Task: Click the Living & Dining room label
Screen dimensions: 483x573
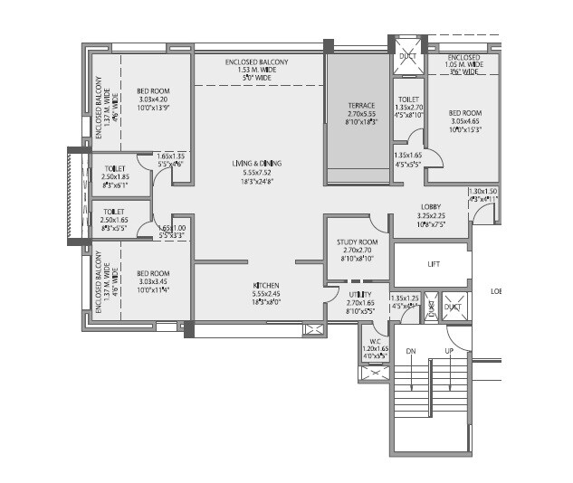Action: coord(256,164)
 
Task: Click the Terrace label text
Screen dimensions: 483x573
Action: coord(361,106)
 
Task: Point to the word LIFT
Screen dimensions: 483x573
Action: coord(434,264)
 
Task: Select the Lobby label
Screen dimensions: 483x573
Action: coord(430,207)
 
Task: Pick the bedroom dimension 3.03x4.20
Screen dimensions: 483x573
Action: coord(153,99)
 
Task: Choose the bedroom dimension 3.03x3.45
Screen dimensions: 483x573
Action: coord(153,281)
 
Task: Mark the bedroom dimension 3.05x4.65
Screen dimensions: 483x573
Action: coord(465,121)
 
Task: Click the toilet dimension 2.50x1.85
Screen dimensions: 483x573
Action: coord(116,175)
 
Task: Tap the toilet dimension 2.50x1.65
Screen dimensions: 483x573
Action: coord(116,220)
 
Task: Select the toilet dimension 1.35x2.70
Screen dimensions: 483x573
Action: coord(408,106)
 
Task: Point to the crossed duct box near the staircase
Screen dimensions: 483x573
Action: coord(453,307)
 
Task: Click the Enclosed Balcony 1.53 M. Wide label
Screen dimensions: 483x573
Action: coord(256,62)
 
